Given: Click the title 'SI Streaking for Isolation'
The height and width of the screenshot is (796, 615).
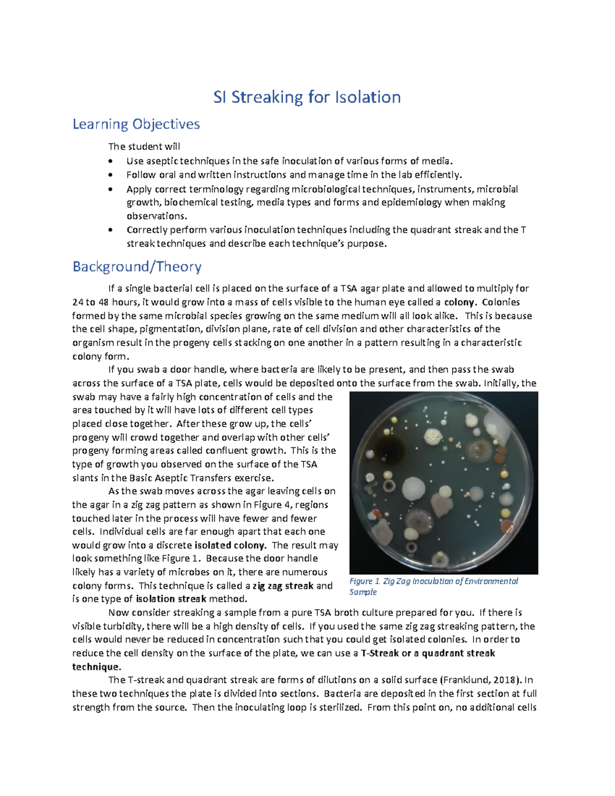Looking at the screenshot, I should click(x=307, y=97).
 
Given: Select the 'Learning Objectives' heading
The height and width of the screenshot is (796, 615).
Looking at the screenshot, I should click(x=136, y=124).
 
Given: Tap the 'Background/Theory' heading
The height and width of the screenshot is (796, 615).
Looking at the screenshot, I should click(x=137, y=267).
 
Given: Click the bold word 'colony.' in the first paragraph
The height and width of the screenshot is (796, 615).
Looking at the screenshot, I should click(x=460, y=302).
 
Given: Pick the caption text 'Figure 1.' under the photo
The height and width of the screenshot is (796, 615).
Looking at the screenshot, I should click(x=364, y=581).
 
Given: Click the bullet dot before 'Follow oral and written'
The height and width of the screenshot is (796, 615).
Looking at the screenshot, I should click(x=110, y=175).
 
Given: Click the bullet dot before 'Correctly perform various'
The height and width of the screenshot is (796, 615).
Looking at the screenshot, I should click(x=110, y=230).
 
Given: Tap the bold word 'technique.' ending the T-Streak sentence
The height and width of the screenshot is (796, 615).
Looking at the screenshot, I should click(x=97, y=666).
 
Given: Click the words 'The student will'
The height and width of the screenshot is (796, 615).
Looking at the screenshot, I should click(x=144, y=146).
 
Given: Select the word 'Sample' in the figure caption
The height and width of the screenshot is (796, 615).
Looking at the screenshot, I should click(x=363, y=592).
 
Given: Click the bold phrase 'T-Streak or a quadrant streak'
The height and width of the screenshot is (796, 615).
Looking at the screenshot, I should click(x=428, y=653).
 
